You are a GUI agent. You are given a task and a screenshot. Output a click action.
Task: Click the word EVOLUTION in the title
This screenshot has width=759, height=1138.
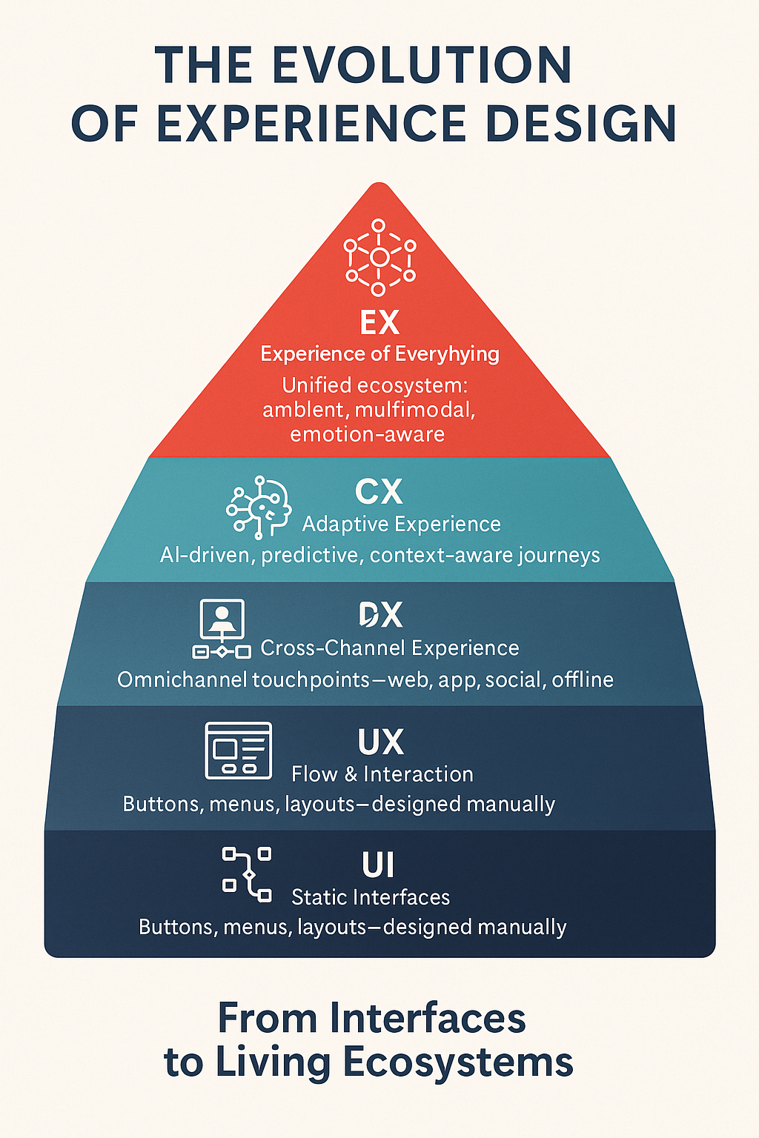tap(422, 65)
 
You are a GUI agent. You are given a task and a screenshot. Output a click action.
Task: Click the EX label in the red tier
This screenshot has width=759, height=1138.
tap(379, 323)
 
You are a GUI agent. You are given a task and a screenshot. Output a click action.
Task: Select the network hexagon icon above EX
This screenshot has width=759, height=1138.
tap(379, 257)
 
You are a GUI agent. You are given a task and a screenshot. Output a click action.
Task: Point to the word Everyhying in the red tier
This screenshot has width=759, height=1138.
tap(447, 354)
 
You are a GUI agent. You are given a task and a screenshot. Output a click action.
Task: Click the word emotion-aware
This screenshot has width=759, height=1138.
tap(368, 434)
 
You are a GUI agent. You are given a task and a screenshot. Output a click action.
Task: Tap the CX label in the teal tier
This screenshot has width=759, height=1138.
tap(379, 492)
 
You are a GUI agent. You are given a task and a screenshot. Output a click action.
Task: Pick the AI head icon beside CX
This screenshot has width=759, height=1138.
tap(259, 507)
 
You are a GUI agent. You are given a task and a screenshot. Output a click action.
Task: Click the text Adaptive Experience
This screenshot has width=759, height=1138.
tap(401, 525)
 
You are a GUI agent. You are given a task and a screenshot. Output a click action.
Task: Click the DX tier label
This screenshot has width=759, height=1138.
tap(381, 615)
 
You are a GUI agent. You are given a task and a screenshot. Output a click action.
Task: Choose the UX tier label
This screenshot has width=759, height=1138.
tap(380, 742)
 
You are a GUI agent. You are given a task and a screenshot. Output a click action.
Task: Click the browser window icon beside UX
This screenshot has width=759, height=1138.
tap(238, 751)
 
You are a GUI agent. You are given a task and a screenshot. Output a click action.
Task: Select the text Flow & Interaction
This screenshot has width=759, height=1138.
tap(382, 774)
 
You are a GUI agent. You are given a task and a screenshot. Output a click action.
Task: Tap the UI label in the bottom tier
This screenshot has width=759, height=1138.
tap(378, 865)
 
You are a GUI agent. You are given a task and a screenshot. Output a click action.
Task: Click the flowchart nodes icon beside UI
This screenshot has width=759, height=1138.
tap(247, 874)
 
